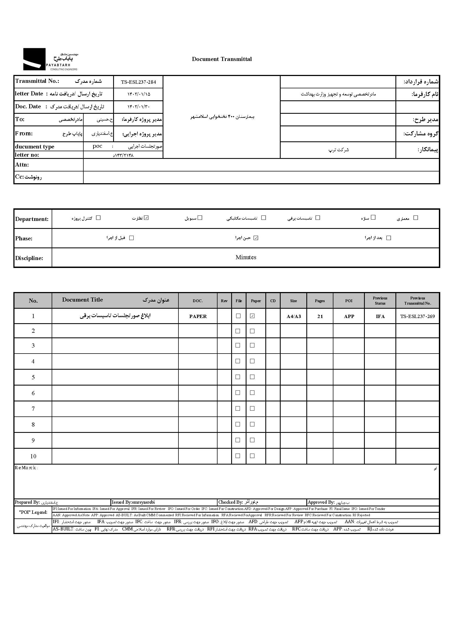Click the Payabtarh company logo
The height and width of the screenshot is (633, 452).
[50, 59]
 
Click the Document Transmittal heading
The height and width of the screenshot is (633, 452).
[222, 59]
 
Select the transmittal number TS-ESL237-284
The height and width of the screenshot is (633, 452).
[138, 82]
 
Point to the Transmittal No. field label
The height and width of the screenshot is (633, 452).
[37, 81]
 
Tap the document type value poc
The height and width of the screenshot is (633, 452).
[97, 146]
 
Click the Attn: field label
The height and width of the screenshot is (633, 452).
[22, 165]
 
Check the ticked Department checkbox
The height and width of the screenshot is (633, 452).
[147, 218]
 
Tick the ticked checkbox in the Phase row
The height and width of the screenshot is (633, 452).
[256, 238]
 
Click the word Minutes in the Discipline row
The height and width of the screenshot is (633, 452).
[246, 257]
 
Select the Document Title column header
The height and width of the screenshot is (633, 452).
[82, 300]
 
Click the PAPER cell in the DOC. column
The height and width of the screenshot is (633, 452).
[198, 316]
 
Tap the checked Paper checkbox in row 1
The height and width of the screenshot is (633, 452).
[253, 316]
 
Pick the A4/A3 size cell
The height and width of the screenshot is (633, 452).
[293, 316]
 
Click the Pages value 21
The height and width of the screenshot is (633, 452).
[320, 316]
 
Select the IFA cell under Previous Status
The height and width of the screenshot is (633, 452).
[380, 316]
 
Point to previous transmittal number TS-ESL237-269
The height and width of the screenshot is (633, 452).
[418, 316]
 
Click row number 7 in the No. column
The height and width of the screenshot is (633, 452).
[33, 409]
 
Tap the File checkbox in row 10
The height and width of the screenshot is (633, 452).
[238, 456]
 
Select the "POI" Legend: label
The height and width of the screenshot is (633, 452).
[33, 512]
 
